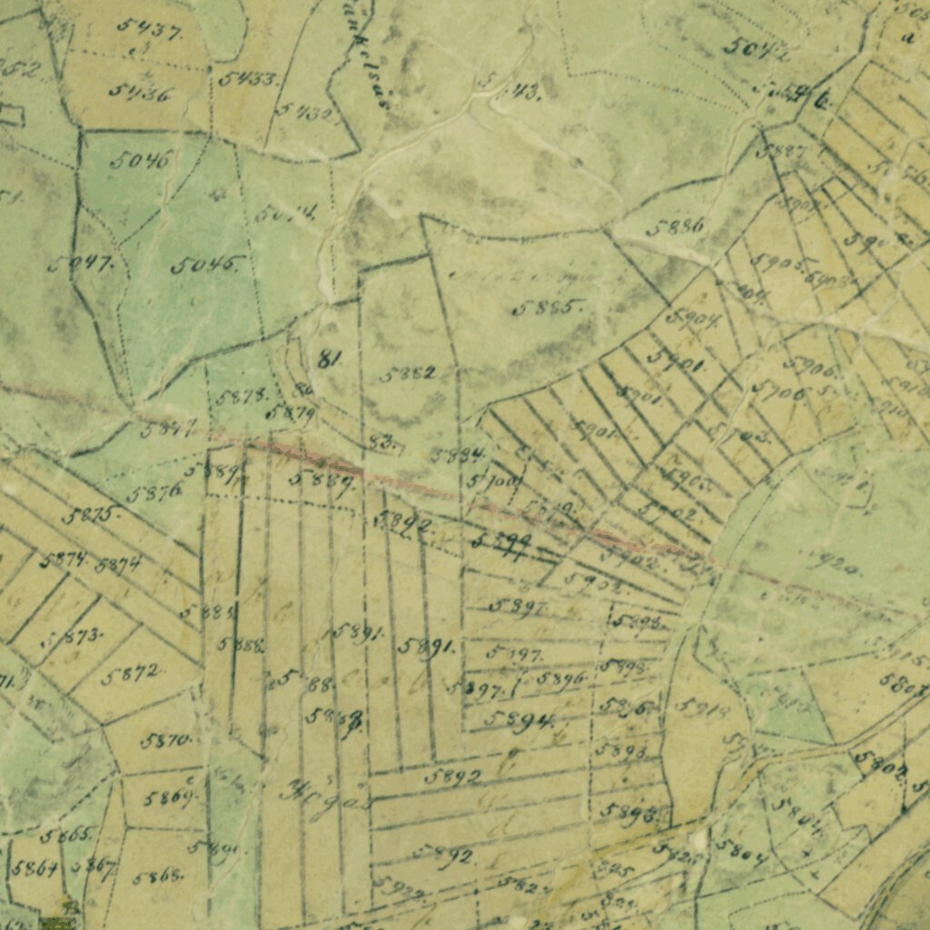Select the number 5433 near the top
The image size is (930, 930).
click(x=248, y=79)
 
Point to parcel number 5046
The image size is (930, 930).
click(x=140, y=162)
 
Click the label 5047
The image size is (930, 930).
click(x=81, y=264)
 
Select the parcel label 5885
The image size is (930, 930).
click(x=547, y=308)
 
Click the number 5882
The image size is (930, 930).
click(x=408, y=373)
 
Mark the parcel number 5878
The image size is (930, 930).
click(x=242, y=396)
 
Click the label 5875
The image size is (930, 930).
click(x=91, y=515)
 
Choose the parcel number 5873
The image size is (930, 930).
click(x=78, y=637)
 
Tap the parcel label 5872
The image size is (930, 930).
click(x=133, y=674)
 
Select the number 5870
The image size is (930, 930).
click(x=167, y=740)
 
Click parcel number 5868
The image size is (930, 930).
click(x=159, y=876)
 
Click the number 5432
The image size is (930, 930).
click(x=305, y=113)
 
